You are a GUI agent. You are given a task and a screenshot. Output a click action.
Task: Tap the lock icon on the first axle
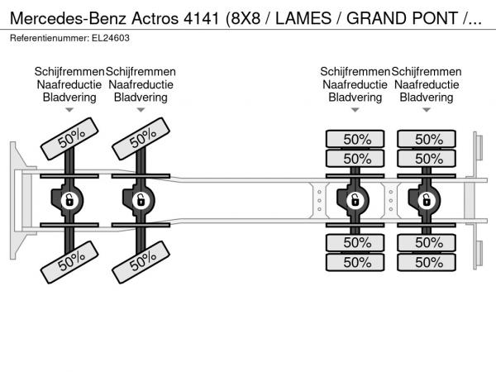tap(70, 199)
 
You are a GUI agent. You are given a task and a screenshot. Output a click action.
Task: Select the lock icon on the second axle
tap(141, 199)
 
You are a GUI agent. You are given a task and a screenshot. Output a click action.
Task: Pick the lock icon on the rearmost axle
tap(427, 199)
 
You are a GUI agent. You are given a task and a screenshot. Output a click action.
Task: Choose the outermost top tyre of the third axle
tap(356, 139)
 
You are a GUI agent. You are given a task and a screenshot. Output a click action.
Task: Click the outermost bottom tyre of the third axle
tap(356, 262)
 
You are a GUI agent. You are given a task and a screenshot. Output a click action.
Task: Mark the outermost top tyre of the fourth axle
tap(427, 139)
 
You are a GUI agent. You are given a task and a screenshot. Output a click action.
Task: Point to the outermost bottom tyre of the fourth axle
tap(427, 262)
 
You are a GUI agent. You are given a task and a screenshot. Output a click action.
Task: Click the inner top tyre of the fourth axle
tap(427, 158)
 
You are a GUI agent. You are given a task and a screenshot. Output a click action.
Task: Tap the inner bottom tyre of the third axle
tap(356, 242)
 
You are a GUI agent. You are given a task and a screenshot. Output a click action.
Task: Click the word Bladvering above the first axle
tap(69, 97)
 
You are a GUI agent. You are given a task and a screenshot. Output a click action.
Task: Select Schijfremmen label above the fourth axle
tap(426, 72)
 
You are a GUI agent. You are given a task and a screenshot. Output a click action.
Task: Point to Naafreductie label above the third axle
tap(355, 84)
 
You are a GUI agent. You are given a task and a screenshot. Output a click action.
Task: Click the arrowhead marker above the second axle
tap(141, 110)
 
